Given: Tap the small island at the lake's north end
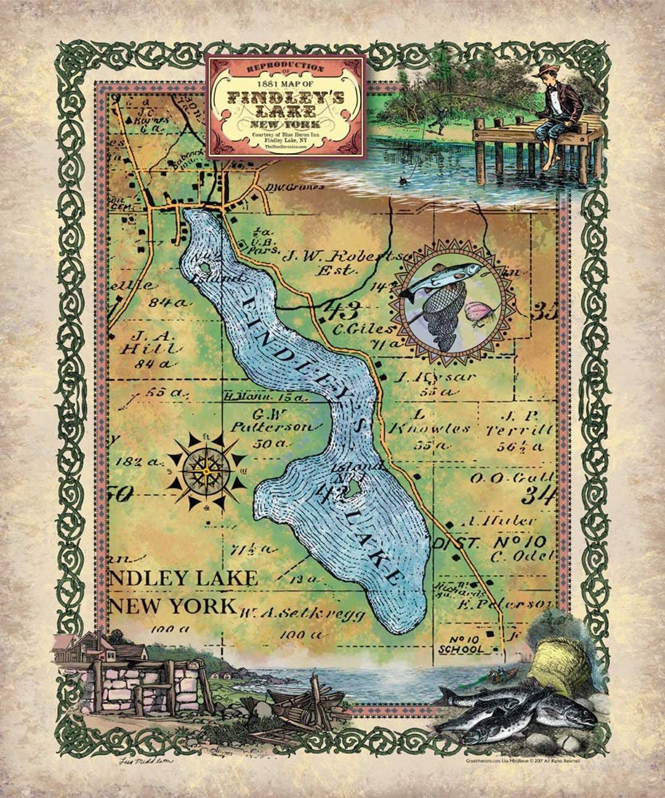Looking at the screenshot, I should [x=203, y=269].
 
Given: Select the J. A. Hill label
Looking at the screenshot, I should [x=151, y=342].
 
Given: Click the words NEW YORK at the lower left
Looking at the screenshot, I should [x=172, y=606].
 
